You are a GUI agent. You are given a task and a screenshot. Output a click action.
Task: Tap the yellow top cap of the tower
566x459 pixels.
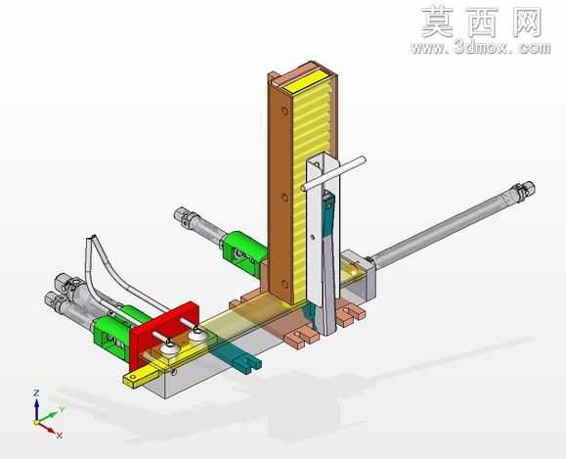point(304,80)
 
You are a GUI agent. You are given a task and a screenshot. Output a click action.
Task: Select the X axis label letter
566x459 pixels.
point(60,436)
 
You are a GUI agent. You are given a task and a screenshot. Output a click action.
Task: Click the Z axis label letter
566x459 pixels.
point(36,392)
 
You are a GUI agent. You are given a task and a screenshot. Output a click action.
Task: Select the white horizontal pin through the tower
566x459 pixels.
point(333,173)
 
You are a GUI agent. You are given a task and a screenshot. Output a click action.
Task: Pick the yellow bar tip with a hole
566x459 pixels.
point(133,379)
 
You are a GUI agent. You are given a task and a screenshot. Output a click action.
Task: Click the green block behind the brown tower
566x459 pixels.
point(243,253)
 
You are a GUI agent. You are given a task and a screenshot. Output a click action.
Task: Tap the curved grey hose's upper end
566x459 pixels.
point(91,239)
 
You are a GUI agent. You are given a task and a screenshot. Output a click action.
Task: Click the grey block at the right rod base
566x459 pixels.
point(358,275)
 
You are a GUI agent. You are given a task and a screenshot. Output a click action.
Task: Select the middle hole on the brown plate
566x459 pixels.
point(284,198)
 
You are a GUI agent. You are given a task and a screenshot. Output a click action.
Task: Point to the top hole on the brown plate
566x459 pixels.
point(284,111)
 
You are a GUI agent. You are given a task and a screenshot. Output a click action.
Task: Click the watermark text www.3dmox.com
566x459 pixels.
point(480,47)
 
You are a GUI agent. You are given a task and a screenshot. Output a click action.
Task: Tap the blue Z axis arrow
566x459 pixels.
point(36,409)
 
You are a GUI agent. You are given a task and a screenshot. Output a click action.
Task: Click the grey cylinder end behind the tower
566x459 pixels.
point(182,216)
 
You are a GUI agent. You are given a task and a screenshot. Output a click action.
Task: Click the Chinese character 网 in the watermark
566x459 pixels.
point(527,23)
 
